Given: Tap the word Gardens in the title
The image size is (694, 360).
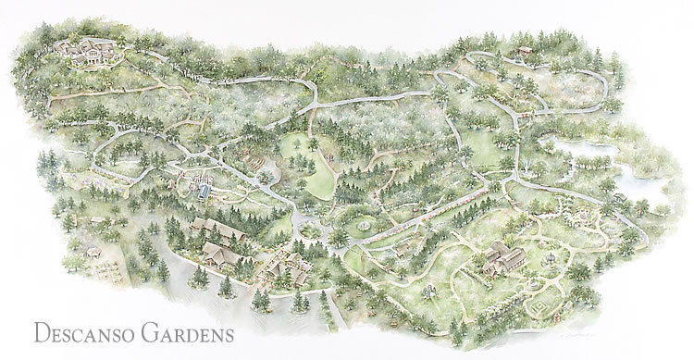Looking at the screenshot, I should [x=184, y=330].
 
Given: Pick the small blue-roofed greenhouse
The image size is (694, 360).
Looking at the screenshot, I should [x=203, y=192].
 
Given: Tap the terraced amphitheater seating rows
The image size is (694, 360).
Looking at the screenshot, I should [x=254, y=171].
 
